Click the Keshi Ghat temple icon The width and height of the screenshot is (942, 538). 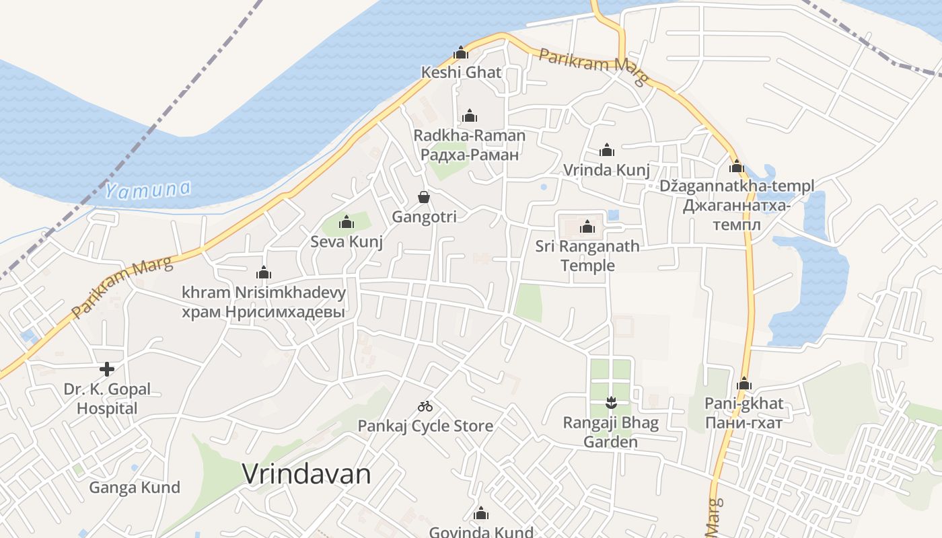pyautogui.click(x=461, y=52)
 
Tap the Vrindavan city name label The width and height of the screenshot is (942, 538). pyautogui.click(x=306, y=475)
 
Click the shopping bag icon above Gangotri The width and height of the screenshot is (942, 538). pyautogui.click(x=424, y=197)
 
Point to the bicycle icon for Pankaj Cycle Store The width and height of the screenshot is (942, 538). pyautogui.click(x=425, y=406)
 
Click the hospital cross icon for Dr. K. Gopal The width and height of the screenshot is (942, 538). pyautogui.click(x=106, y=369)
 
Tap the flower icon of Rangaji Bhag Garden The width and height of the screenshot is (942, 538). pyautogui.click(x=610, y=403)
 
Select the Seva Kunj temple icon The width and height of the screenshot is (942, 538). pyautogui.click(x=347, y=222)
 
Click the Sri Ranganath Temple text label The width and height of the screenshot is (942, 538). pyautogui.click(x=587, y=256)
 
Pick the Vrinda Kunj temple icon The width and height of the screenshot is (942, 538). pyautogui.click(x=607, y=150)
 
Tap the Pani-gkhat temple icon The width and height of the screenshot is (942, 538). pyautogui.click(x=744, y=384)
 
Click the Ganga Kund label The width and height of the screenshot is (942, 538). pyautogui.click(x=135, y=488)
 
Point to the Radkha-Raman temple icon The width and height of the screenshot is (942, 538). pyautogui.click(x=470, y=116)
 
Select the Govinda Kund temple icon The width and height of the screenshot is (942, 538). pyautogui.click(x=480, y=514)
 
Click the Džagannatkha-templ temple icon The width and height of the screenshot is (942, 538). pyautogui.click(x=736, y=166)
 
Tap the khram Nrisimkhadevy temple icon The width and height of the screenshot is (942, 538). pyautogui.click(x=263, y=272)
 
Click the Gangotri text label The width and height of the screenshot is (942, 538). pyautogui.click(x=424, y=217)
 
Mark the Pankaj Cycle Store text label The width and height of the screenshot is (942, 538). pyautogui.click(x=425, y=426)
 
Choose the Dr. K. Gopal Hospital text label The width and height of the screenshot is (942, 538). pyautogui.click(x=107, y=399)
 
